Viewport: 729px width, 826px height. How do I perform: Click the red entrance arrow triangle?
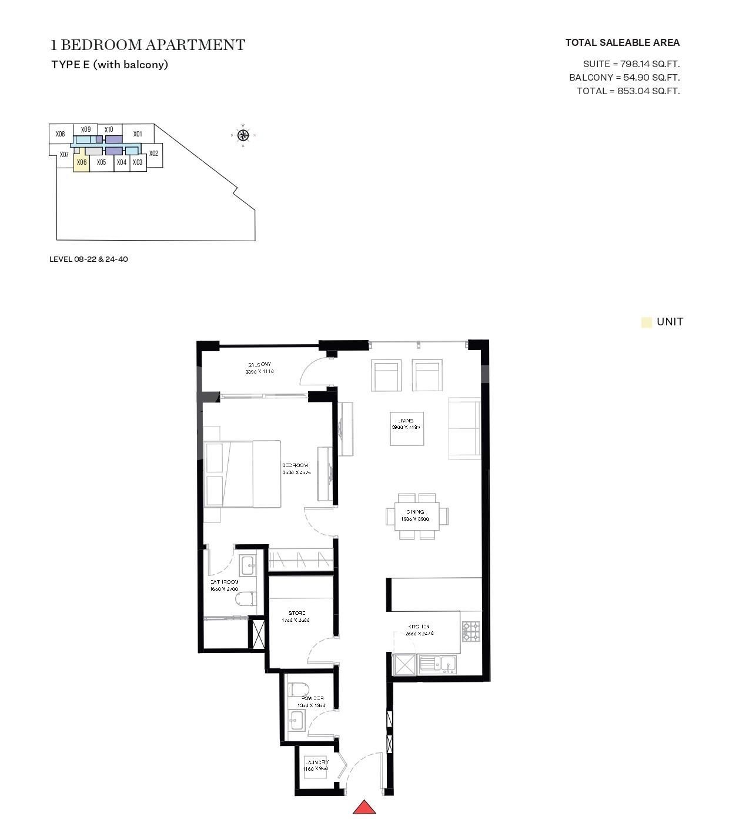(x=364, y=808)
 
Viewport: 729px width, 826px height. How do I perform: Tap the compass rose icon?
(x=243, y=136)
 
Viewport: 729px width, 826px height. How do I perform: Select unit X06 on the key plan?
(x=82, y=162)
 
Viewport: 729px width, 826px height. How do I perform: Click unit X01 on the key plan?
(x=138, y=134)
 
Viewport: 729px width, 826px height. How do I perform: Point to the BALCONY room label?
(x=259, y=365)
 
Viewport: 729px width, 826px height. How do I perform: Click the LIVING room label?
(x=406, y=421)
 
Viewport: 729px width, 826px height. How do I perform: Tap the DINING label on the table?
(x=415, y=512)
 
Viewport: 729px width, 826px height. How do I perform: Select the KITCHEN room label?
(x=419, y=627)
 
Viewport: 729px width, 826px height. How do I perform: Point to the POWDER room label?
(x=311, y=698)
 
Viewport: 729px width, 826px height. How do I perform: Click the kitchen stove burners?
(x=470, y=631)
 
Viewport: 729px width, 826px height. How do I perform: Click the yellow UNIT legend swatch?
(x=647, y=322)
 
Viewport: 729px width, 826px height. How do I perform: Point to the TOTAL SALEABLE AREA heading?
(x=622, y=42)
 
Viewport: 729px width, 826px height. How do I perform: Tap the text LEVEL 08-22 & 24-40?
(x=89, y=259)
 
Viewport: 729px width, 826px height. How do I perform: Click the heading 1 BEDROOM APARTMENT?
(x=148, y=45)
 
